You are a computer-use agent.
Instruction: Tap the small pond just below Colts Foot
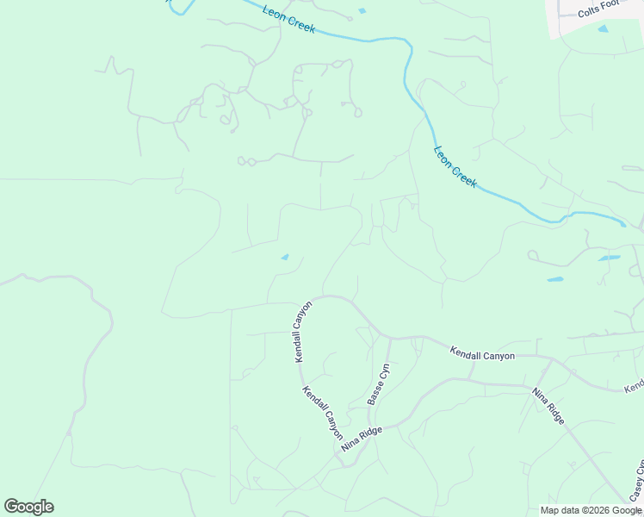(603, 29)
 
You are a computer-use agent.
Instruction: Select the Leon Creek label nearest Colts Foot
(455, 166)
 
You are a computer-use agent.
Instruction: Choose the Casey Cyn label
(637, 481)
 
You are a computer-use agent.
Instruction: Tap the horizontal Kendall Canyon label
(482, 354)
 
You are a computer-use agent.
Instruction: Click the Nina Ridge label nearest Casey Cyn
(548, 406)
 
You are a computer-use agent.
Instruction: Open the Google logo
(28, 507)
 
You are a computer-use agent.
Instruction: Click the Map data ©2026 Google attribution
(591, 510)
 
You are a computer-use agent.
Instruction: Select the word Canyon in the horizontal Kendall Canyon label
(498, 355)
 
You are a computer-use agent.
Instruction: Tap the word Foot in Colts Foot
(610, 4)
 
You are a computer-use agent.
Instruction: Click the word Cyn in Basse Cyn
(385, 371)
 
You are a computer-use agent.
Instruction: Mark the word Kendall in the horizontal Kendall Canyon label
(465, 352)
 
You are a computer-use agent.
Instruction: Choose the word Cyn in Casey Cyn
(640, 466)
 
